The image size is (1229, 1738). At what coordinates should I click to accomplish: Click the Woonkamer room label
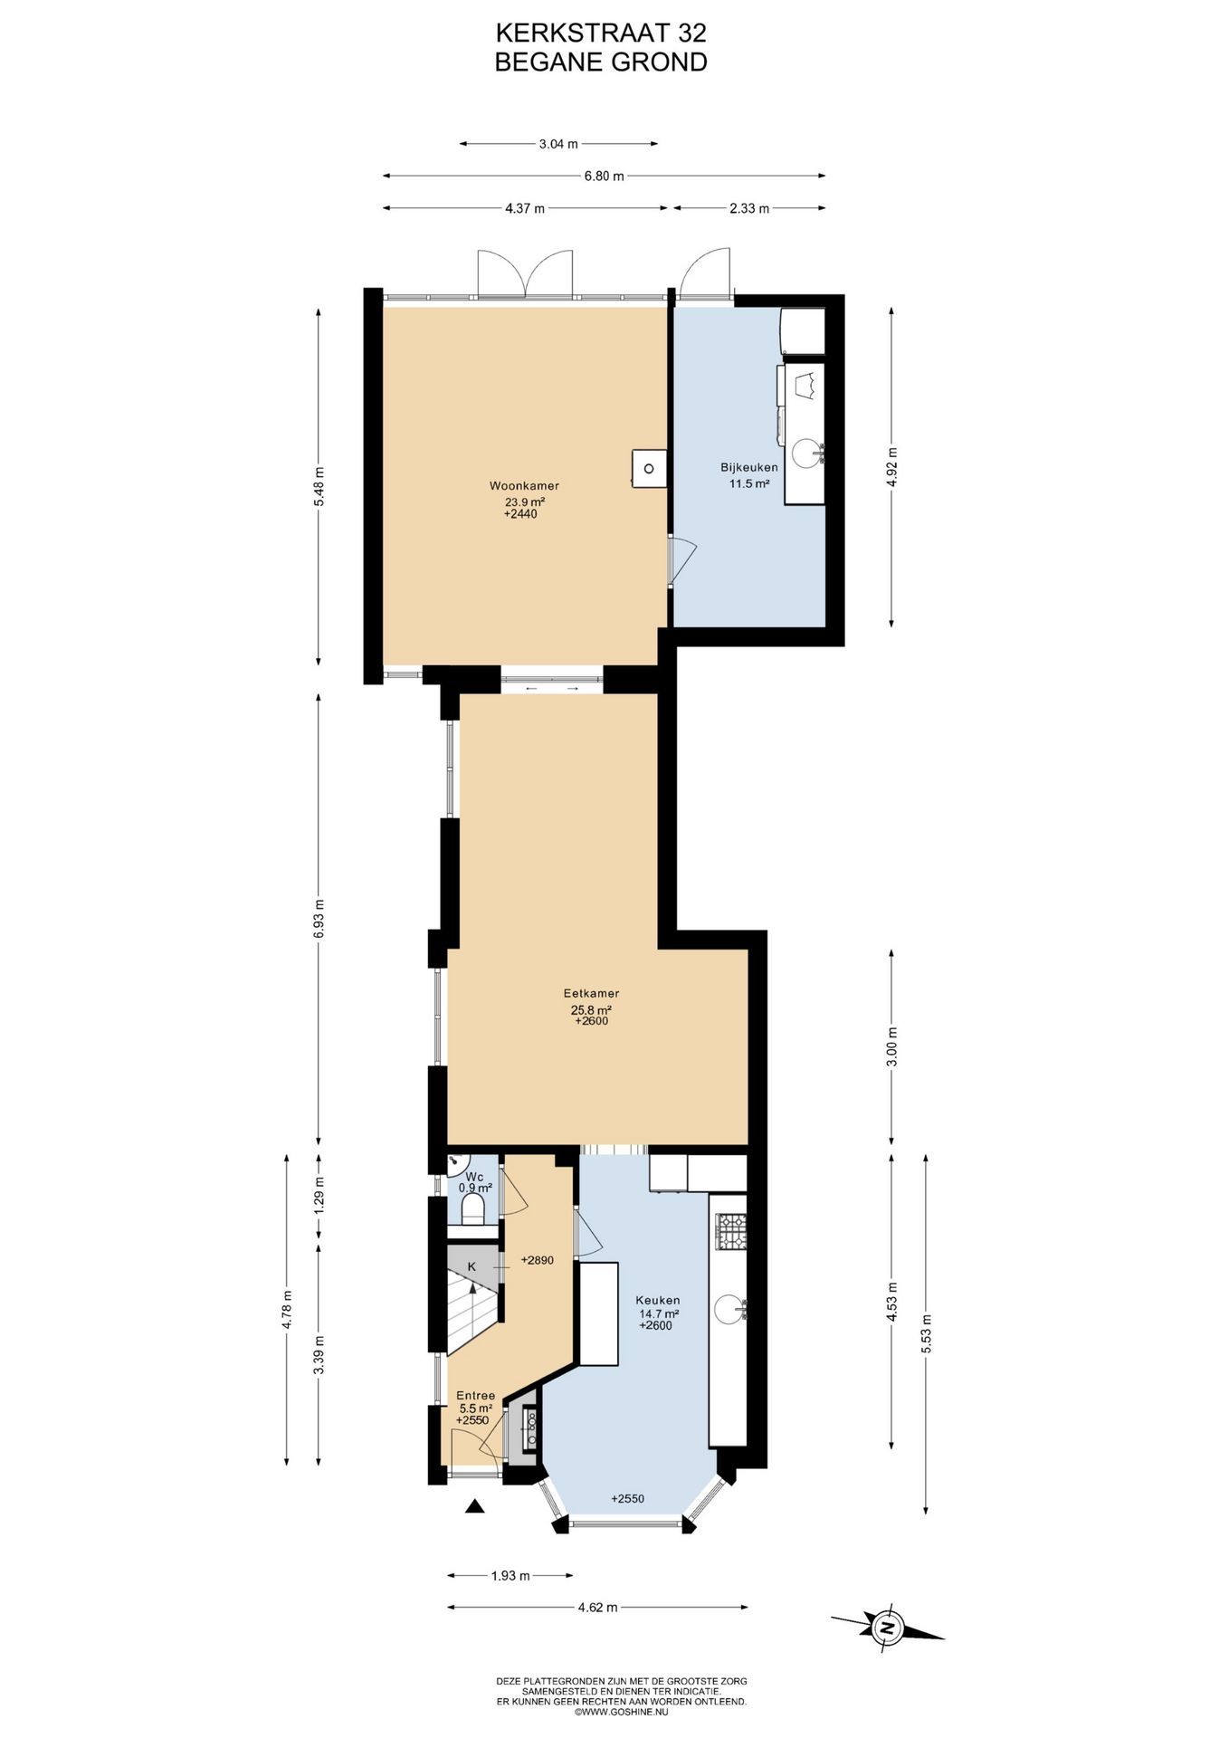[x=524, y=486]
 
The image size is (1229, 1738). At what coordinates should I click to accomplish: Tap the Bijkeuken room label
[x=748, y=467]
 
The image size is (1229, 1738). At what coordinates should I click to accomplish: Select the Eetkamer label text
[x=591, y=993]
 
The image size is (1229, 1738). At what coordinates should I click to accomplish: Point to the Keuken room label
[x=658, y=1300]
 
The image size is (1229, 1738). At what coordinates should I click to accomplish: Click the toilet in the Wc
[x=472, y=1208]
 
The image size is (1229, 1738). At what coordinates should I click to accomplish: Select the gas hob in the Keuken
[x=731, y=1230]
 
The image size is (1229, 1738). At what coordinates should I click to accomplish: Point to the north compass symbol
[x=887, y=1628]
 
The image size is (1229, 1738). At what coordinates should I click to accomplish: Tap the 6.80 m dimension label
[x=605, y=177]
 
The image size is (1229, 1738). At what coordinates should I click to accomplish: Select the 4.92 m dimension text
[x=892, y=467]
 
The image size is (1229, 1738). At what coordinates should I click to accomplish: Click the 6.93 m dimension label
[x=319, y=917]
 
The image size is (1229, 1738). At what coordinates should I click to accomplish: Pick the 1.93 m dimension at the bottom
[x=510, y=1576]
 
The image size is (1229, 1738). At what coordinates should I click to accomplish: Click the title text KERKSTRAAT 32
[x=601, y=33]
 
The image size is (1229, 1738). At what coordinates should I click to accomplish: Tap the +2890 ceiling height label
[x=537, y=1260]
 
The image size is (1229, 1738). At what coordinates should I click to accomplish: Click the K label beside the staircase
[x=472, y=1266]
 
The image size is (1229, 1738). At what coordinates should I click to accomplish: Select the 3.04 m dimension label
[x=558, y=143]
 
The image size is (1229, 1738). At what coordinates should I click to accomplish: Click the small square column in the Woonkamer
[x=649, y=469]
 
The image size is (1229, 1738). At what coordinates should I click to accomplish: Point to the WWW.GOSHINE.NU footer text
[x=621, y=1711]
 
